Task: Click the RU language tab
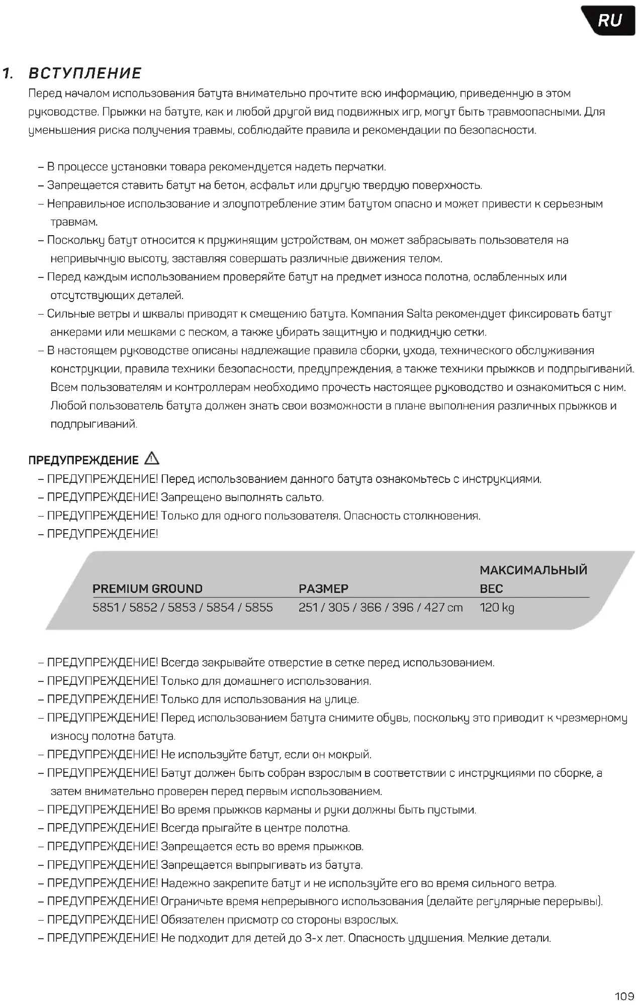coord(609,21)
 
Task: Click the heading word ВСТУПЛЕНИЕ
coord(85,73)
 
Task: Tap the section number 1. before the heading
coord(8,74)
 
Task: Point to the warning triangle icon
coord(151,458)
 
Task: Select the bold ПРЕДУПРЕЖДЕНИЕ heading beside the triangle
coord(83,460)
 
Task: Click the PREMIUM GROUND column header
coord(147,588)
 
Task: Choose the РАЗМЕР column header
coord(323,588)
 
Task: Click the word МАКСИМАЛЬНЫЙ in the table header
coord(533,570)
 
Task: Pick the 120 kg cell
coord(497,608)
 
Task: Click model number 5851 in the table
coord(106,608)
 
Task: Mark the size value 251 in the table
coord(308,608)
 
